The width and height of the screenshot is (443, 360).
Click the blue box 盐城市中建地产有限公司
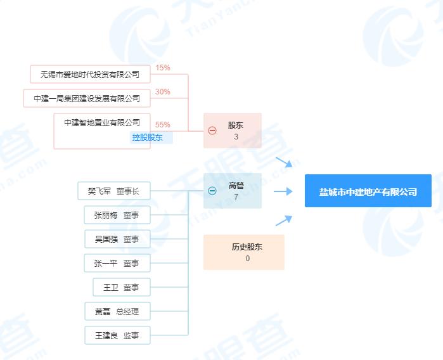tap(368, 191)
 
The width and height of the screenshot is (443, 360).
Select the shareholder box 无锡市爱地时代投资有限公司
tap(90, 74)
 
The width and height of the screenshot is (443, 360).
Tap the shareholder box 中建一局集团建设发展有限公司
tap(87, 98)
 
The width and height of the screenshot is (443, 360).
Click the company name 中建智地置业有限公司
tap(102, 122)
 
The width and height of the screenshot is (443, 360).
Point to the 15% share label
tap(163, 68)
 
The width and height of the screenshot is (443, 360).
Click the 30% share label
tap(163, 92)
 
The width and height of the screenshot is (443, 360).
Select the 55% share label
tap(163, 125)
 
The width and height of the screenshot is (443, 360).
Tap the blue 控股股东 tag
tap(148, 138)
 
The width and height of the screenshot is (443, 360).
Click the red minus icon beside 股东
tap(212, 131)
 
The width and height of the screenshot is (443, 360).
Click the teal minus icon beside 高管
tap(212, 191)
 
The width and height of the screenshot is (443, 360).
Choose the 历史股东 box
tap(244, 252)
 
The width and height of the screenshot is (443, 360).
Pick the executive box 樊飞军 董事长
tap(114, 191)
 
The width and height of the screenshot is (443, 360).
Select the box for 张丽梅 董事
tap(117, 215)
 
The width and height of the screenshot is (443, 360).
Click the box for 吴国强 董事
tap(117, 239)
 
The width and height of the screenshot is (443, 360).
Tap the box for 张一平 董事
tap(117, 263)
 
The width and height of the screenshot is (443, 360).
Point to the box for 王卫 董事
tap(122, 287)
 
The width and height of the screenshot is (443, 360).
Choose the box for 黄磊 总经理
tap(117, 311)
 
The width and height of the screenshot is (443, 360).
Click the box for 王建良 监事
tap(117, 335)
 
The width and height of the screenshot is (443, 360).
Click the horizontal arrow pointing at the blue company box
tap(283, 191)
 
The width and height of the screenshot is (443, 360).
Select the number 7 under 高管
tap(236, 197)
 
